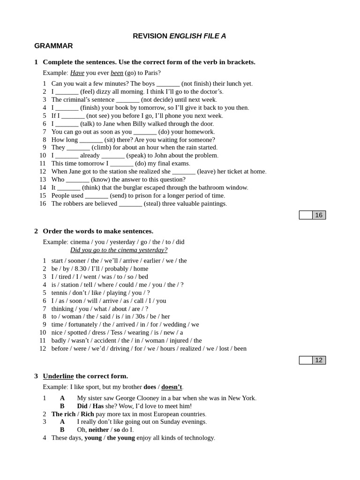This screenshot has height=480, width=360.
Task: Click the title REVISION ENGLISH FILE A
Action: (x=180, y=36)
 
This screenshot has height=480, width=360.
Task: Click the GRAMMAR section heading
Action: (x=53, y=46)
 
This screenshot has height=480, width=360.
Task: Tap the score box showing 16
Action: (x=319, y=215)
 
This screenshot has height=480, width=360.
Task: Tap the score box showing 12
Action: (x=319, y=360)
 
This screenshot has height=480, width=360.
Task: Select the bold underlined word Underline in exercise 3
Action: (x=58, y=376)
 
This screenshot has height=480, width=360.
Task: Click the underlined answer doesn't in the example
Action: (x=172, y=387)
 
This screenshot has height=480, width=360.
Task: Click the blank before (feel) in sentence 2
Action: (x=67, y=92)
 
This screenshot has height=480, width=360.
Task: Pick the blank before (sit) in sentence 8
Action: (x=91, y=140)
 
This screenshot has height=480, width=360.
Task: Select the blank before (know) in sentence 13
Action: (x=77, y=180)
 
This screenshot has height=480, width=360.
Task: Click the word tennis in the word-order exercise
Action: (x=60, y=292)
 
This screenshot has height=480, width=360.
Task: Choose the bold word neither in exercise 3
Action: (x=98, y=429)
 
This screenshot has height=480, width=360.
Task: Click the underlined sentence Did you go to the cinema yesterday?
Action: (x=119, y=250)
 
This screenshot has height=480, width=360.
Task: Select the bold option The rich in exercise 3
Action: (x=63, y=414)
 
